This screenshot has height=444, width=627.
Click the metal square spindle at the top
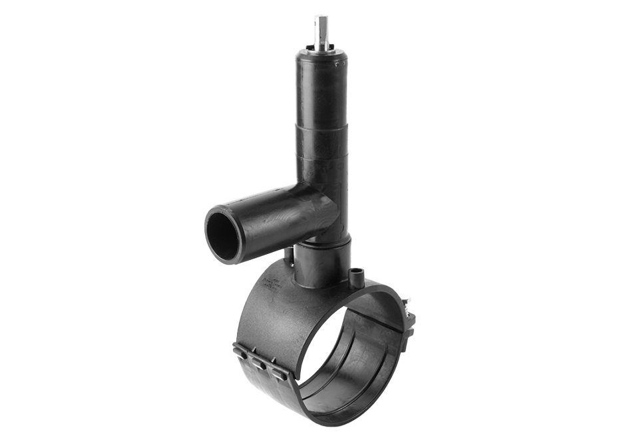[322, 31]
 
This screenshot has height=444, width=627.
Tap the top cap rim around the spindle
[322, 51]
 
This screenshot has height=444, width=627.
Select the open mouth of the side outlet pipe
[222, 236]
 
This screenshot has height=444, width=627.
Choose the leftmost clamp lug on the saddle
[242, 353]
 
